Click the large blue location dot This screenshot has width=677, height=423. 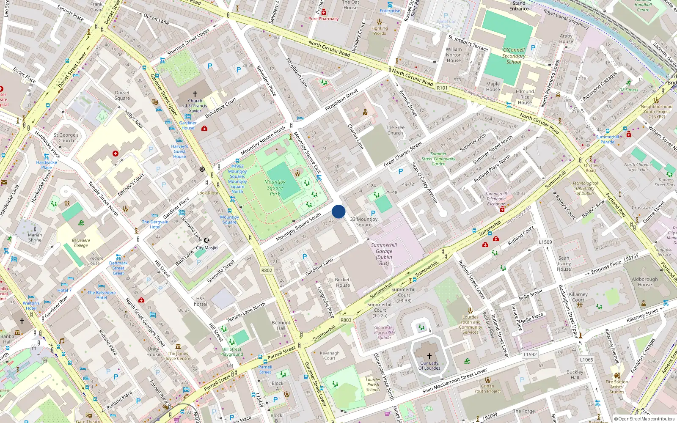(x=338, y=211)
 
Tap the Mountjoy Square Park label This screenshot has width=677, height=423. (x=275, y=188)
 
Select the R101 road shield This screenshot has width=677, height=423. (x=442, y=88)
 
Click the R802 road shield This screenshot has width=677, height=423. (x=267, y=270)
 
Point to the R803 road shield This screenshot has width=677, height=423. (x=346, y=320)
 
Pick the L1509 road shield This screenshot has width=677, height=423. (x=545, y=242)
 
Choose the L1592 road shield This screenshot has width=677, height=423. (x=530, y=354)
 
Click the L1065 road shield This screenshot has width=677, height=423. (x=586, y=360)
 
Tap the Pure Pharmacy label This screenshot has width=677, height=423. (x=323, y=19)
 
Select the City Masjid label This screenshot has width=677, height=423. (x=206, y=248)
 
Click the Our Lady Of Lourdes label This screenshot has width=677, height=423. (x=429, y=365)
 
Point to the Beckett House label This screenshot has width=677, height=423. (x=343, y=283)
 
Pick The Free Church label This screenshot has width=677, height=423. (x=395, y=130)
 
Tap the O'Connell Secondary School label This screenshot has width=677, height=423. (x=514, y=56)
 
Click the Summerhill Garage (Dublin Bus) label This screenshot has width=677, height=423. (x=384, y=254)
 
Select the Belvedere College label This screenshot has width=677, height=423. (x=81, y=243)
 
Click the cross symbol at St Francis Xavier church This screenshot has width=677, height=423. (x=195, y=93)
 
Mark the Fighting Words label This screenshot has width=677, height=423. (x=380, y=30)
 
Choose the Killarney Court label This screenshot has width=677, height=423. (x=578, y=297)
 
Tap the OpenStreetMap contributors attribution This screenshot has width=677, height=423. (x=644, y=419)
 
